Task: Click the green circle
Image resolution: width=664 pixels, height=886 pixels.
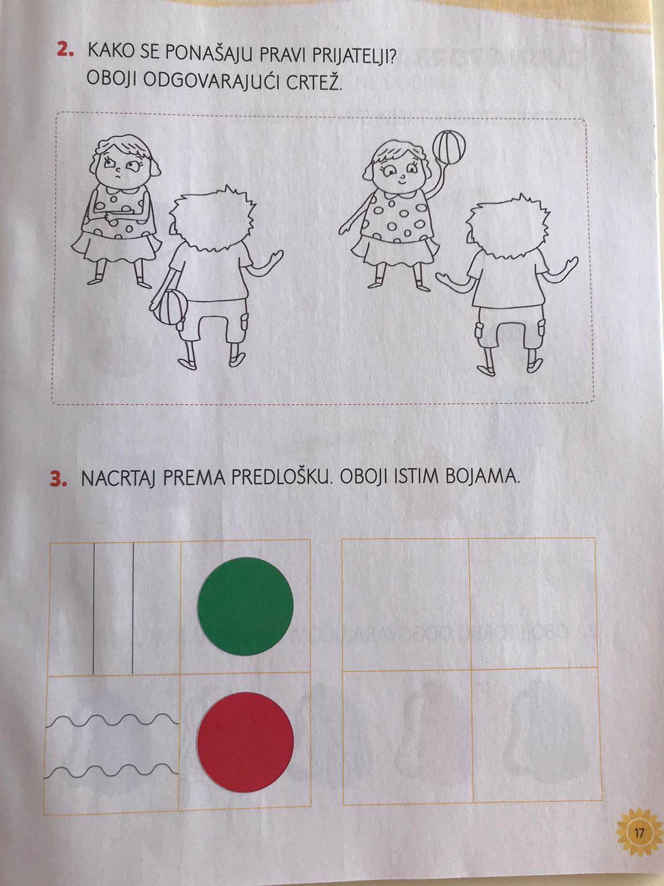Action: [x=245, y=606]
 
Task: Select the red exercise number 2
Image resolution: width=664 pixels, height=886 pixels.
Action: [x=66, y=50]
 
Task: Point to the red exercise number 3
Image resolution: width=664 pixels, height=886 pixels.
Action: [x=59, y=479]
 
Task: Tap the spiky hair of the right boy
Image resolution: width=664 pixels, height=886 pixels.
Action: [x=509, y=225]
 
